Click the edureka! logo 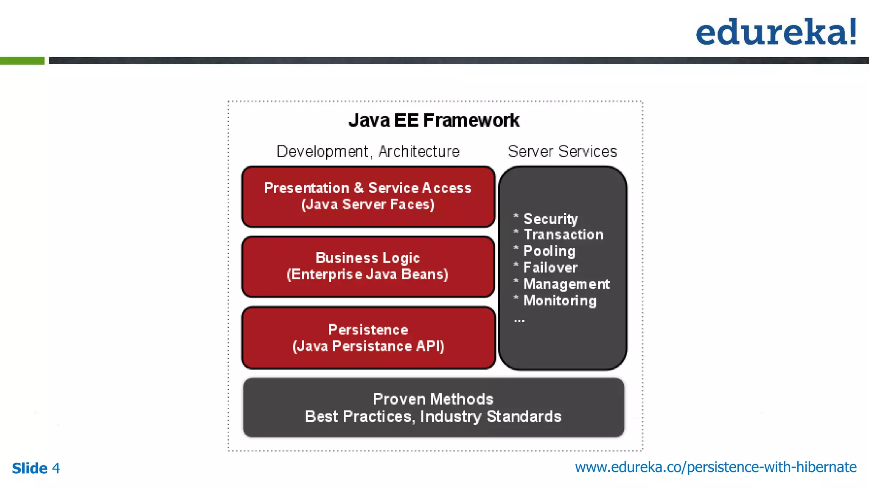[776, 32]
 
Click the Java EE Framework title [434, 121]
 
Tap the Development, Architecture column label [368, 152]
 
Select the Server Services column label [562, 152]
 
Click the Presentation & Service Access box [368, 197]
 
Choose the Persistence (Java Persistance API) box [368, 338]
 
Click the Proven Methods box [433, 407]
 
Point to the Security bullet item [550, 219]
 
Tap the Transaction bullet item [563, 235]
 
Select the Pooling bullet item [549, 251]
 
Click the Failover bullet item [550, 268]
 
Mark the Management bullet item [566, 284]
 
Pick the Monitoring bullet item [560, 301]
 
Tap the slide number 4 [56, 468]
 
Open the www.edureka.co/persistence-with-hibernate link [715, 467]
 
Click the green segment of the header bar [22, 61]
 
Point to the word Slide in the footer [30, 468]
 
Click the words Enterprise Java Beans [367, 275]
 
